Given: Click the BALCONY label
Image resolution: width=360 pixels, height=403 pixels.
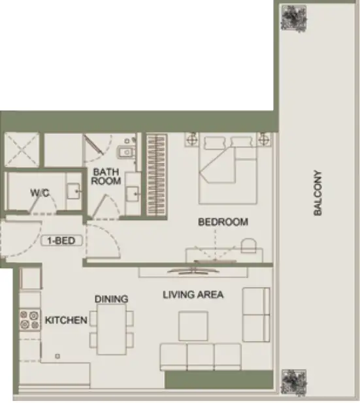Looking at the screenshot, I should click(318, 193).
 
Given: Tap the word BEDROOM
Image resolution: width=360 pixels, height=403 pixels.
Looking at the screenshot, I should click(223, 222).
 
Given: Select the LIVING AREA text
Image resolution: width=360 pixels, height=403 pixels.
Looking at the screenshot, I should click(193, 295).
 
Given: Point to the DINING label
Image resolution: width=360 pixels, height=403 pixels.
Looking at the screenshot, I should click(111, 299).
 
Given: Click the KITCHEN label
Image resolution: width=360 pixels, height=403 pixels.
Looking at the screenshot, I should click(66, 321).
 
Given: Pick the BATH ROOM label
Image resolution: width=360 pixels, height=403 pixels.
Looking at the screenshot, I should click(105, 177).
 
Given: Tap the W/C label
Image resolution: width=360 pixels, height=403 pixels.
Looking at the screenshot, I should click(40, 193).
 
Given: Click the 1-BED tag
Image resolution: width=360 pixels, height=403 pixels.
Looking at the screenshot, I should click(63, 240).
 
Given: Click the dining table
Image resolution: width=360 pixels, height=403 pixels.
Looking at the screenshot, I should click(112, 329).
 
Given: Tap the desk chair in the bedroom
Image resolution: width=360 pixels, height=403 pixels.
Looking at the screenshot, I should click(249, 246).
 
